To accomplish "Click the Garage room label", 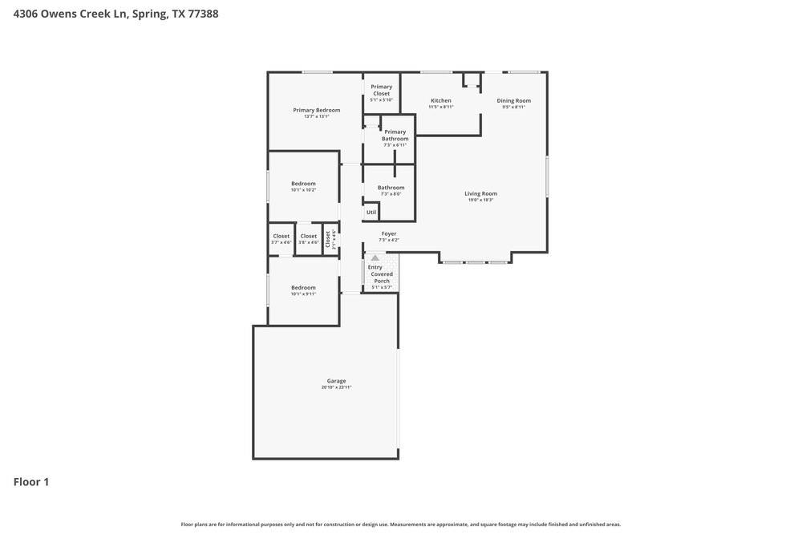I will pos(336,381).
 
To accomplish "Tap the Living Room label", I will pos(480,193).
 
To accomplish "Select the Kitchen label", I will pos(441,100).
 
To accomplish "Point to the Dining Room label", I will pos(513,100).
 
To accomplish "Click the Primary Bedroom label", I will pos(316,110).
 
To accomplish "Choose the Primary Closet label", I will pos(382,90).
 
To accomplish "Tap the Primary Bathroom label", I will pos(395,135).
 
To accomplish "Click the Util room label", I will pos(371,213).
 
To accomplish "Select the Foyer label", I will pos(389,233).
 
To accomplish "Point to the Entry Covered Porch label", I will pos(382,274).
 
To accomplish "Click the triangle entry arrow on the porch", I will pos(375,258).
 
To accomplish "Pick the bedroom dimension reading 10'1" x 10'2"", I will pos(303,190).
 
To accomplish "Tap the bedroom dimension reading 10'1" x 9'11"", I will pos(303,294).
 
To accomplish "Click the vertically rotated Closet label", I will pos(328,239).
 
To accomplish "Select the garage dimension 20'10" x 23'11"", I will pos(336,387).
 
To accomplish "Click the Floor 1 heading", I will pos(31,482).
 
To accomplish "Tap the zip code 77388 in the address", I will pos(203,14).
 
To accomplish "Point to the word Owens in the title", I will pos(58,14).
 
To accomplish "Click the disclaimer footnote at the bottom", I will pos(400,525).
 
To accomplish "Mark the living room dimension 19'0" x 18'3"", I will pos(480,200).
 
